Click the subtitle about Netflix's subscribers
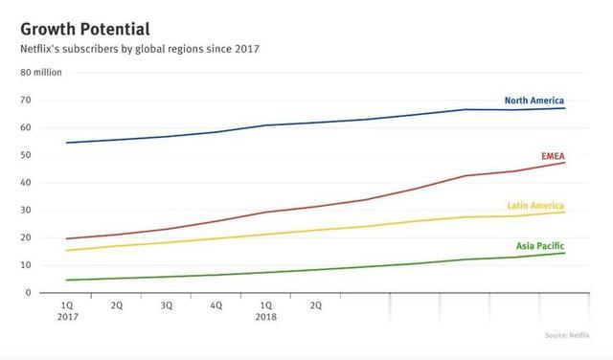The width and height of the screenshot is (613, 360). click(141, 48)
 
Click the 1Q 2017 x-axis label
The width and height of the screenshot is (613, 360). click(67, 311)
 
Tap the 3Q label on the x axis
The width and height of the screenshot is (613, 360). click(167, 305)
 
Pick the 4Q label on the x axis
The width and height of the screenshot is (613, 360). click(216, 305)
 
